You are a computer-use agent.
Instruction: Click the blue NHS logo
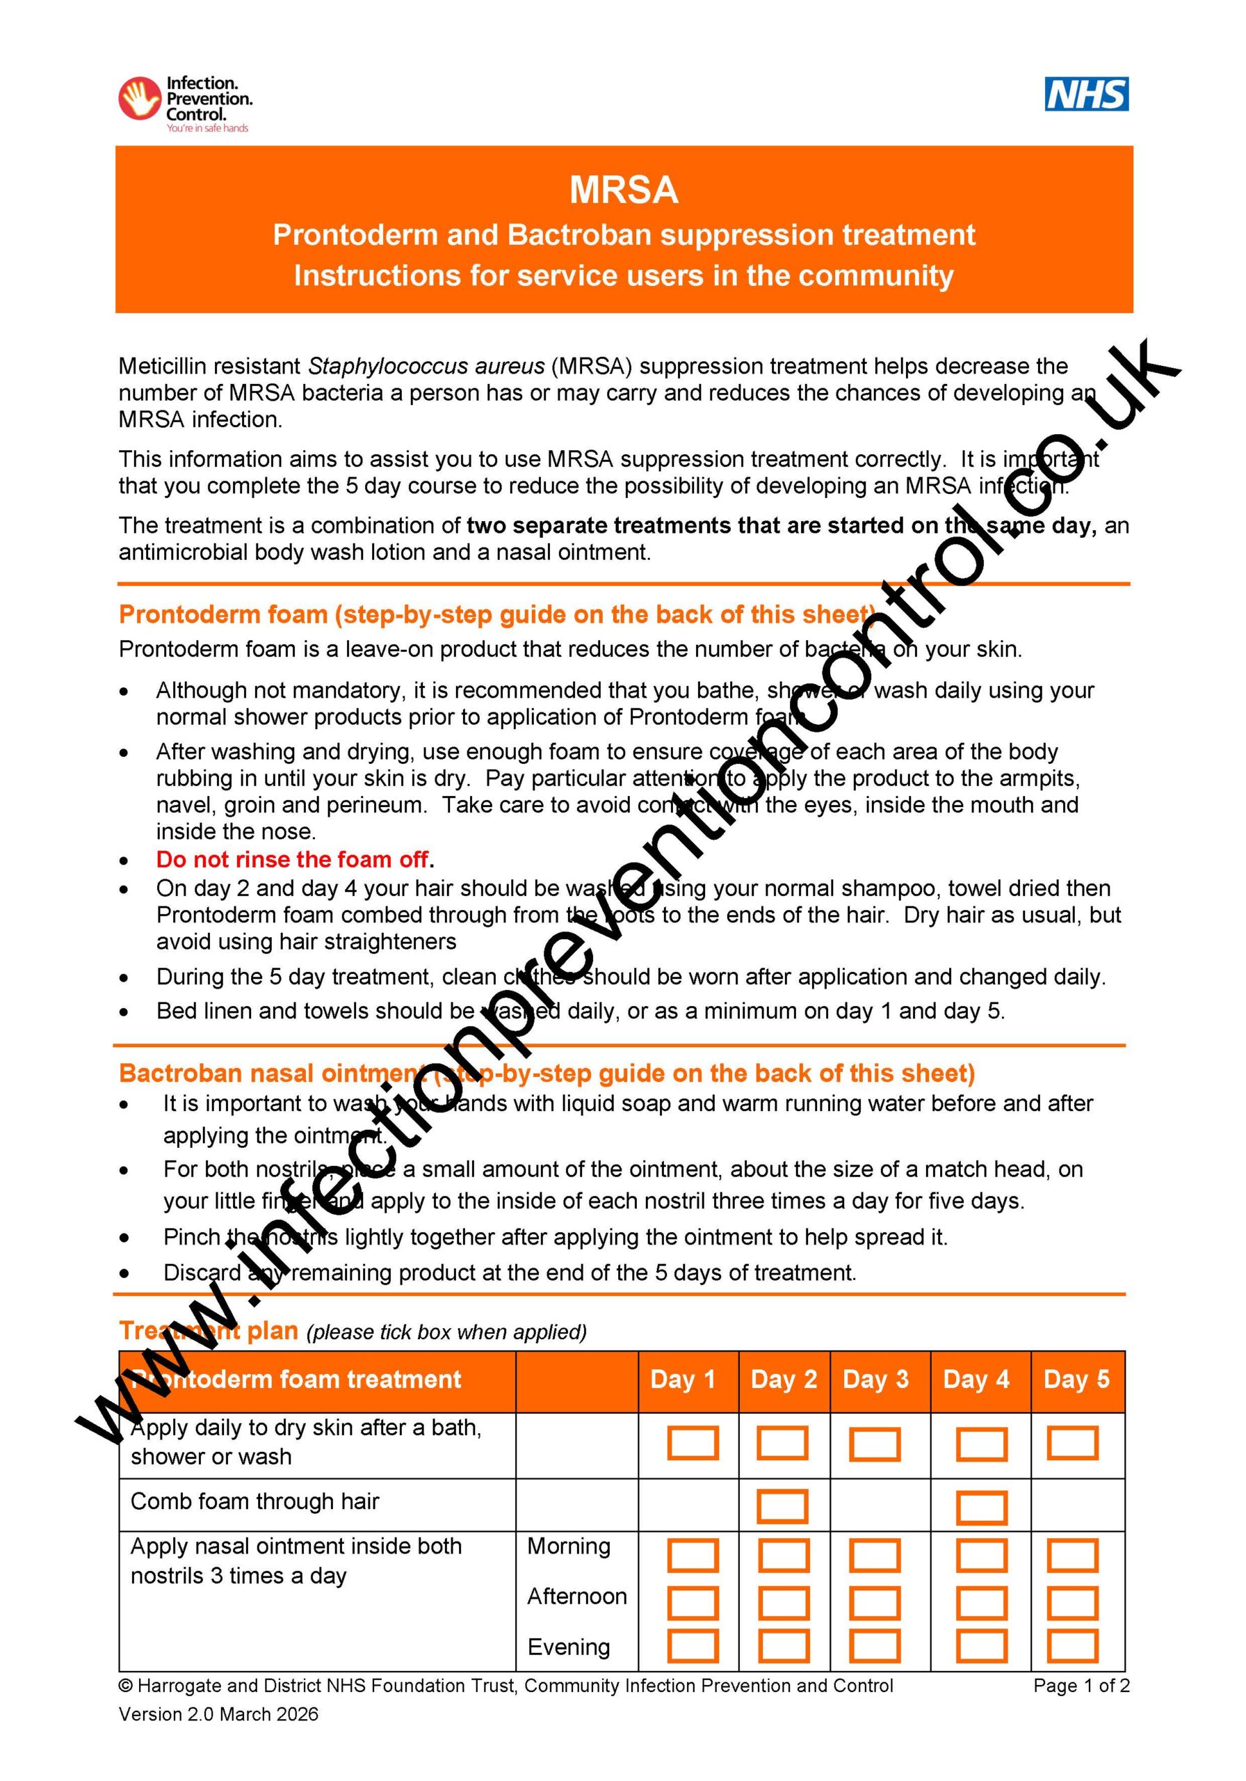pos(1085,95)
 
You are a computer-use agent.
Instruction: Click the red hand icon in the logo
pos(140,99)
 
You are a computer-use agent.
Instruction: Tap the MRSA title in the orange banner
pos(624,191)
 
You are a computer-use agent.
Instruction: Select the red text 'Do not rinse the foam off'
pos(292,859)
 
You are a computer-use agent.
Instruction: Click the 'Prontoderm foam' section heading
pos(496,614)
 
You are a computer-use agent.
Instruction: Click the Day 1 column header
pos(682,1379)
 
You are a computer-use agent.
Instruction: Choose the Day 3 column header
pos(875,1379)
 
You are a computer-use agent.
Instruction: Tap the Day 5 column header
pos(1076,1379)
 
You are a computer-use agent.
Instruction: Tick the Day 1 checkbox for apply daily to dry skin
pos(693,1444)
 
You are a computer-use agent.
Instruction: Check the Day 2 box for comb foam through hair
pos(782,1506)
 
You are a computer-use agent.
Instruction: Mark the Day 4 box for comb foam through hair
pos(982,1506)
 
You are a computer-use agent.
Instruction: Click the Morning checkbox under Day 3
pos(875,1557)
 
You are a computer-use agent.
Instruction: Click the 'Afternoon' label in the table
pos(577,1597)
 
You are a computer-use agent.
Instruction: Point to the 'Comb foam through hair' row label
pos(254,1502)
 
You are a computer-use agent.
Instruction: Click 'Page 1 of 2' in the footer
pos(1081,1686)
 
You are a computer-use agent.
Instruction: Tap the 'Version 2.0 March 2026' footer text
pos(218,1714)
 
